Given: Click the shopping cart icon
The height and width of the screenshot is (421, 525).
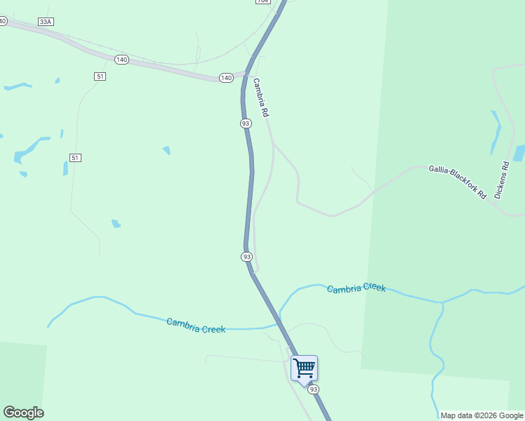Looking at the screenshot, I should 304,368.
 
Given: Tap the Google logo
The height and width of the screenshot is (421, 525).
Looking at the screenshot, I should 23,413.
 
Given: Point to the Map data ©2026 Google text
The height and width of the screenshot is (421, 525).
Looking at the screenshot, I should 481,415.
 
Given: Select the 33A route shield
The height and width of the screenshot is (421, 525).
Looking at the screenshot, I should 46,22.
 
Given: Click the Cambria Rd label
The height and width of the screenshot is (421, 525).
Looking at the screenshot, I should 261,97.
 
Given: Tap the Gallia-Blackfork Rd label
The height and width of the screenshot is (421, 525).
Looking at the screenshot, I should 458,182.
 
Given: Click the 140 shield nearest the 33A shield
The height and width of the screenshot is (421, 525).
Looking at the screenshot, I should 121,60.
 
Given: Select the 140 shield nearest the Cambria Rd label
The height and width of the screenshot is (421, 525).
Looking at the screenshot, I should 225,78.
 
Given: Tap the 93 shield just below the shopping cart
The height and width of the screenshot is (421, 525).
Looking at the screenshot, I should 313,389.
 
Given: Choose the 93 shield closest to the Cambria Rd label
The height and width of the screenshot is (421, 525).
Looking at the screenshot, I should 245,123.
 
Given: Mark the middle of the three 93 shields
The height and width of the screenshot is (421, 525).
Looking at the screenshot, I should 246,257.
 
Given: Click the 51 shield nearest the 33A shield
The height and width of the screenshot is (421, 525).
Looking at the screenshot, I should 100,76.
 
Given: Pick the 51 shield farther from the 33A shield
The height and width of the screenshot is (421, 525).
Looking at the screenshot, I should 76,157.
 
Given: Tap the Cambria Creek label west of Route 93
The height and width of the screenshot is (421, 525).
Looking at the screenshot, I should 196,326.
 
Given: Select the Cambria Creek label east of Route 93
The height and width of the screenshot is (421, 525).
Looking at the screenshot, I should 356,288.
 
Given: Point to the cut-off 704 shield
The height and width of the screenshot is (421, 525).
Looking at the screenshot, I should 262,1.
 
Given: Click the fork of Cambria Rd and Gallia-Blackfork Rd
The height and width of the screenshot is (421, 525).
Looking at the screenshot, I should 274,144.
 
